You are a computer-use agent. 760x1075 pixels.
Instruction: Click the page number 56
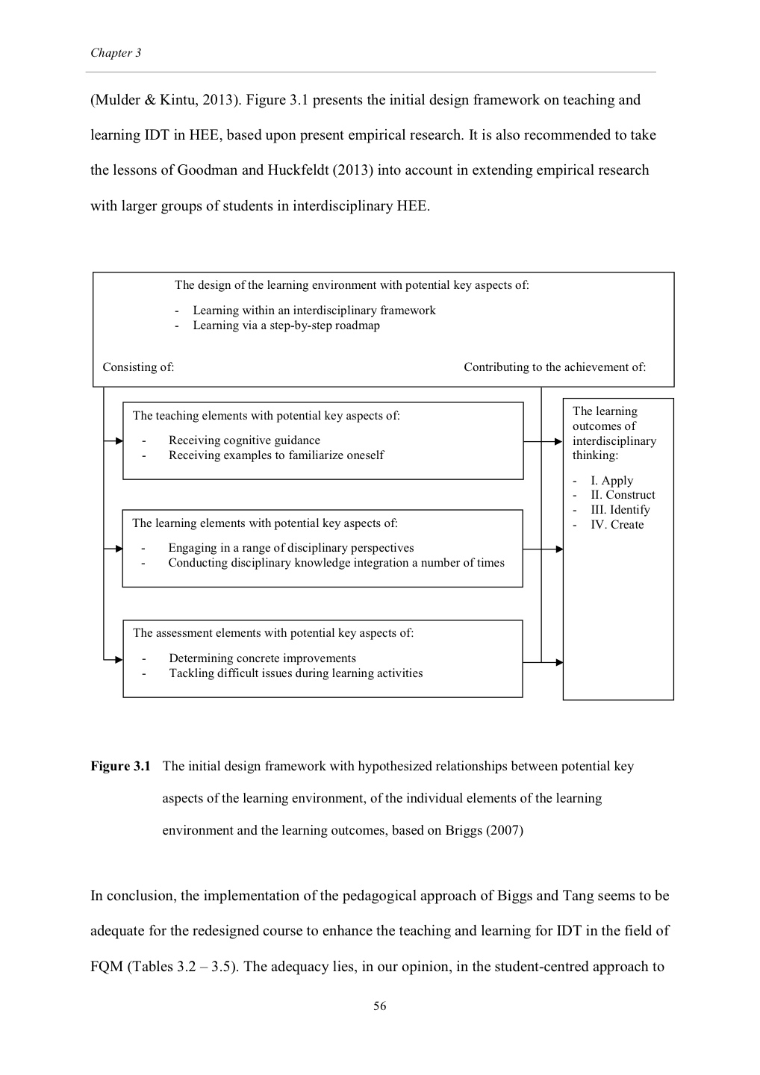[x=380, y=1006]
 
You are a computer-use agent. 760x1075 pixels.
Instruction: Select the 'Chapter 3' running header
[x=116, y=53]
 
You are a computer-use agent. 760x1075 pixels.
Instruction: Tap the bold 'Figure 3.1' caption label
[x=120, y=766]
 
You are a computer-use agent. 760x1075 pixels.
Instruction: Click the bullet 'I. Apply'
[x=611, y=481]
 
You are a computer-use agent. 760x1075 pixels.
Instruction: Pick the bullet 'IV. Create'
[x=617, y=525]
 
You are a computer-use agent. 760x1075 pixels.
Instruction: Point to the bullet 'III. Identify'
[x=620, y=510]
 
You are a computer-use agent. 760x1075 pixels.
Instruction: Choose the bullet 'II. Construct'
[x=623, y=495]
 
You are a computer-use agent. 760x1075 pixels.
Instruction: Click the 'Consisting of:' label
[x=138, y=367]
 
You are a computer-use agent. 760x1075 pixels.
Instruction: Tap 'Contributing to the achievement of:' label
[x=555, y=367]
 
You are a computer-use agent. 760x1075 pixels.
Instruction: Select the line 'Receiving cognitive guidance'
[x=244, y=440]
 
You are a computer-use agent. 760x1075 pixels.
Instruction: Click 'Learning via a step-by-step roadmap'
[x=286, y=325]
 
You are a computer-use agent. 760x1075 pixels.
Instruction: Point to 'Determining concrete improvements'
[x=262, y=658]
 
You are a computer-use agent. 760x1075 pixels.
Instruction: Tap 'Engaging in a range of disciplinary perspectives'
[x=290, y=548]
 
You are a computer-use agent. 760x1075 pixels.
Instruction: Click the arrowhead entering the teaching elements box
[x=119, y=441]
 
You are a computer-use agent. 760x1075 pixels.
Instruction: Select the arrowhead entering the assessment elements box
[x=119, y=659]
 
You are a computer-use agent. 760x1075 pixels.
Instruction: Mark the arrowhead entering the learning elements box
[x=119, y=549]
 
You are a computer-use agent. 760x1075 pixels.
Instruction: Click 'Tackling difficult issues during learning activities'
[x=296, y=673]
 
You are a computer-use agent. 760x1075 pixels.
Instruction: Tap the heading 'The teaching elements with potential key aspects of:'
[x=266, y=416]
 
